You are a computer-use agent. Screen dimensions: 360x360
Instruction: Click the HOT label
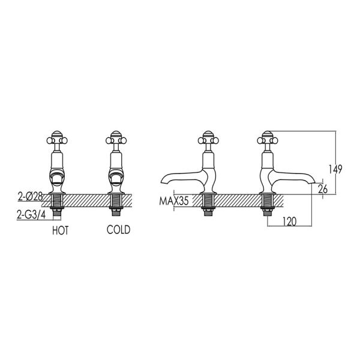[61, 230]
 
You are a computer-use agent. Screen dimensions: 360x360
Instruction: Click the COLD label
[118, 230]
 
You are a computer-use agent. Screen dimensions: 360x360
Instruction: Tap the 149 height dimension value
[335, 169]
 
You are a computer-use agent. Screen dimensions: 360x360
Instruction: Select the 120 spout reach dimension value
[290, 221]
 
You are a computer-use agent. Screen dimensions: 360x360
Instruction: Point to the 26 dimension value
[323, 189]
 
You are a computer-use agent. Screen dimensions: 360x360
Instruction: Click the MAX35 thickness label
[174, 201]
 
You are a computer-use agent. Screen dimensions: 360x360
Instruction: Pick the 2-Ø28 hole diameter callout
[31, 197]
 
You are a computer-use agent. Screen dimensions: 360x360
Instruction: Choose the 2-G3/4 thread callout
[31, 215]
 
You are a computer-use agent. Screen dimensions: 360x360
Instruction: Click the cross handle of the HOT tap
[57, 140]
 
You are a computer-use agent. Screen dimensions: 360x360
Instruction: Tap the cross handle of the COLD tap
[116, 140]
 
